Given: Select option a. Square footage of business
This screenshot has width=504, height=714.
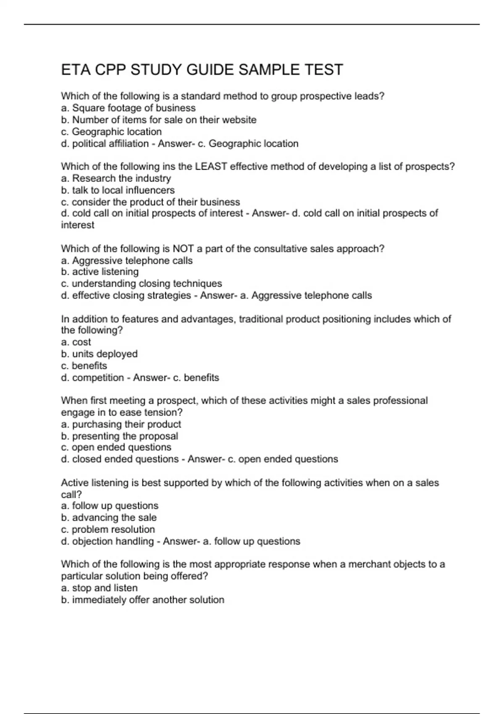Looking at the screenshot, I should [128, 108].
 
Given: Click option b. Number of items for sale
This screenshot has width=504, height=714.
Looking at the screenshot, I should [158, 120].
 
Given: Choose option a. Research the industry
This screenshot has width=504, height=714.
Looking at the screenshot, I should [116, 178].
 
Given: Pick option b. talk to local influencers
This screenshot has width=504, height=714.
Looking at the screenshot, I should [118, 190].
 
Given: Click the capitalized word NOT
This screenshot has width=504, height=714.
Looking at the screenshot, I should [183, 249].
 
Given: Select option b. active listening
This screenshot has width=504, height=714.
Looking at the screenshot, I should [100, 272].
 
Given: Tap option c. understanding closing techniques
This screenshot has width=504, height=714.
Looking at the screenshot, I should [141, 283].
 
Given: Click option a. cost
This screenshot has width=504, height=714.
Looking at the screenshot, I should [76, 342].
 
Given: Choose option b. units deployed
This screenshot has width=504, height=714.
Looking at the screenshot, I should [99, 354].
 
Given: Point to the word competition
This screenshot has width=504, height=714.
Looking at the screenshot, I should [98, 378].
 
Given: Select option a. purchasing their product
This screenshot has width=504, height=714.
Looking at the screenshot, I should [121, 424].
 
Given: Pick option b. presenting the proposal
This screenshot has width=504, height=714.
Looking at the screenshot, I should [119, 436].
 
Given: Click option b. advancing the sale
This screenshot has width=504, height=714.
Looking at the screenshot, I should [109, 517].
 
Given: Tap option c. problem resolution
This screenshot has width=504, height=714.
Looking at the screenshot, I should [108, 529].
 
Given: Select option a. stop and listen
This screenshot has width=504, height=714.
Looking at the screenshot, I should [99, 588].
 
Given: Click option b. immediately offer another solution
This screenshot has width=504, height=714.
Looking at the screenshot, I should [142, 600].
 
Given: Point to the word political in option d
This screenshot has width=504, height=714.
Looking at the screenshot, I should [89, 144].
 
